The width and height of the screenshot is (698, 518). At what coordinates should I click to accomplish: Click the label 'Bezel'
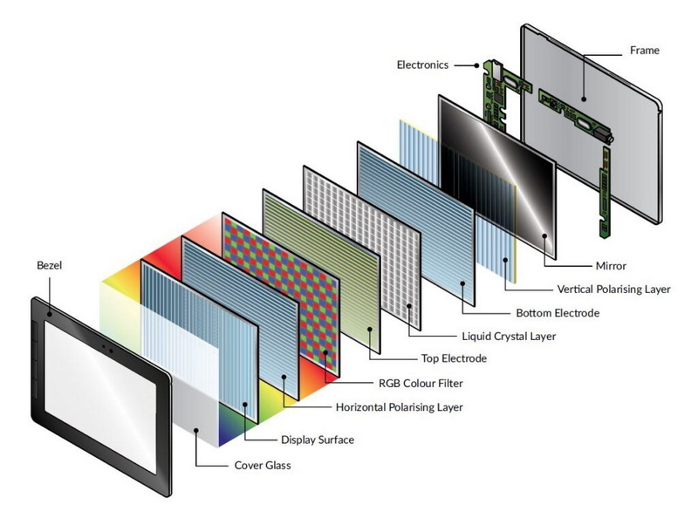coord(51,262)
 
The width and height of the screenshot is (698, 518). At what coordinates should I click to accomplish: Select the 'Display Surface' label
coord(318,440)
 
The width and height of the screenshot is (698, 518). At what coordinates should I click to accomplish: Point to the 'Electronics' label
coord(422,65)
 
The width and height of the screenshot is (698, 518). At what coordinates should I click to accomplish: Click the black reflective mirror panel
coord(497,166)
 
